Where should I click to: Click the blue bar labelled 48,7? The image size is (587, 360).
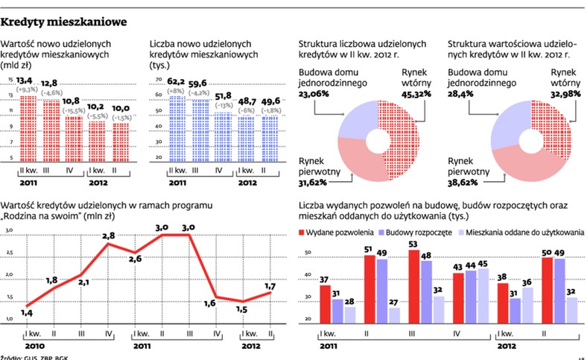(244, 138)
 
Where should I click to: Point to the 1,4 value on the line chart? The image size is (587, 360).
(27, 315)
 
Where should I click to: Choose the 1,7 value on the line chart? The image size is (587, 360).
(271, 285)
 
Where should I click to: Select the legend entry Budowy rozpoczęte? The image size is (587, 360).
(422, 232)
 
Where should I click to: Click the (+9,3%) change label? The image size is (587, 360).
(28, 89)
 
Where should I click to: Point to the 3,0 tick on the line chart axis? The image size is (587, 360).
(10, 232)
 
